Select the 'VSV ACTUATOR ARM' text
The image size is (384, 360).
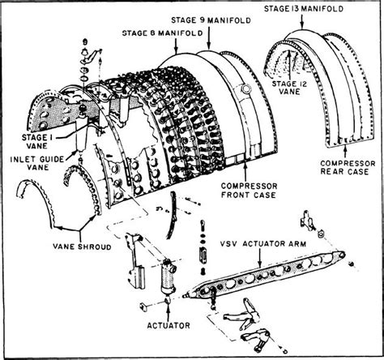click(256, 243)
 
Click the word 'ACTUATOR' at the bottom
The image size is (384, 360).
click(168, 325)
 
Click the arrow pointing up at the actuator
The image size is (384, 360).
click(168, 310)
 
